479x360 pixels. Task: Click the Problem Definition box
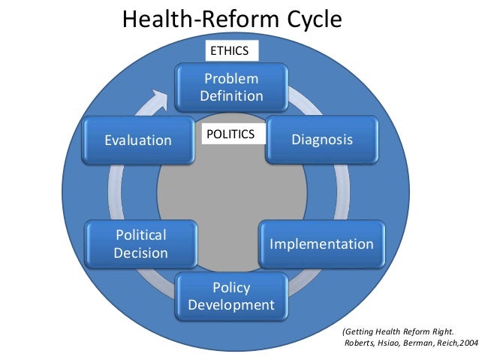[x=231, y=87]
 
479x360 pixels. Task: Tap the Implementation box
[x=321, y=244]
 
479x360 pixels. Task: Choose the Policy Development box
[x=231, y=296]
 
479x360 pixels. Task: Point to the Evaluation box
[x=138, y=140]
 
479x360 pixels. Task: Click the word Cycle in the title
[x=307, y=20]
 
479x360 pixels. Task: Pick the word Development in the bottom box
[x=231, y=305]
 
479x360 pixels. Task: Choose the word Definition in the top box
[x=231, y=96]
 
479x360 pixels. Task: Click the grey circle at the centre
[x=231, y=203]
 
